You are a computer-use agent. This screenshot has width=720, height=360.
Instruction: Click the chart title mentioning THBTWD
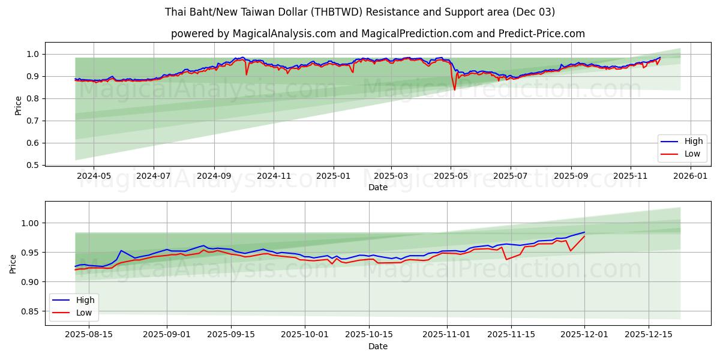tap(360, 12)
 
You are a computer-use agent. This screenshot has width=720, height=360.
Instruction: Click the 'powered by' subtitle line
tap(378, 34)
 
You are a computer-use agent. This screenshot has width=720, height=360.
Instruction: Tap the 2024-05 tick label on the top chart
tap(94, 176)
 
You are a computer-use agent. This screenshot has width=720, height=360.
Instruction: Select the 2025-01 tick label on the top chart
tap(333, 176)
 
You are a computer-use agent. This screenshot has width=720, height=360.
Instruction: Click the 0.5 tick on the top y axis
tap(34, 165)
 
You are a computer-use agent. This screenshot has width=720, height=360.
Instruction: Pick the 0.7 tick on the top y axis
tap(34, 121)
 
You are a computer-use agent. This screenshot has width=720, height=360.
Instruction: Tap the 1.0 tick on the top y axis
tap(34, 54)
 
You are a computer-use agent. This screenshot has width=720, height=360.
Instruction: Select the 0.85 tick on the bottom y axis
tap(30, 311)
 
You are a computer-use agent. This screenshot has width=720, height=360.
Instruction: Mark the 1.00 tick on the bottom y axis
tap(30, 223)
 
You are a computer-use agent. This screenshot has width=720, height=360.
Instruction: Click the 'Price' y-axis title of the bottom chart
tap(14, 264)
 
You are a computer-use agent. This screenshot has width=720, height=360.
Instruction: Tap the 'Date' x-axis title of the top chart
tap(378, 187)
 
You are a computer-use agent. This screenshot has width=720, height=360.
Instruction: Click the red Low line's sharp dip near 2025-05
tap(454, 89)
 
